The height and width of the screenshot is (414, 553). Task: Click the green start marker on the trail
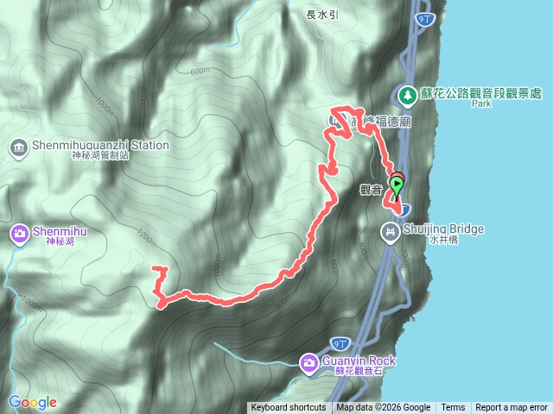coord(397,183)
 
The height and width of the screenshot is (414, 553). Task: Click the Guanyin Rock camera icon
coord(308,361)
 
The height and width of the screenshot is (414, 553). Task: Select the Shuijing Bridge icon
coord(391,230)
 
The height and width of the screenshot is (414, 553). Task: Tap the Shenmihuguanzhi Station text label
coord(100,145)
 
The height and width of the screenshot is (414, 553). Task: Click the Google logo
coord(33,402)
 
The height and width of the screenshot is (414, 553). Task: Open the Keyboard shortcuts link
coord(289,408)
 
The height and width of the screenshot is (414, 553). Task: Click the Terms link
coord(453,408)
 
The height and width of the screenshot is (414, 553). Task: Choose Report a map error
coord(512,408)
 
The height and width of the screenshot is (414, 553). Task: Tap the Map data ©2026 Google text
coord(384,408)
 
